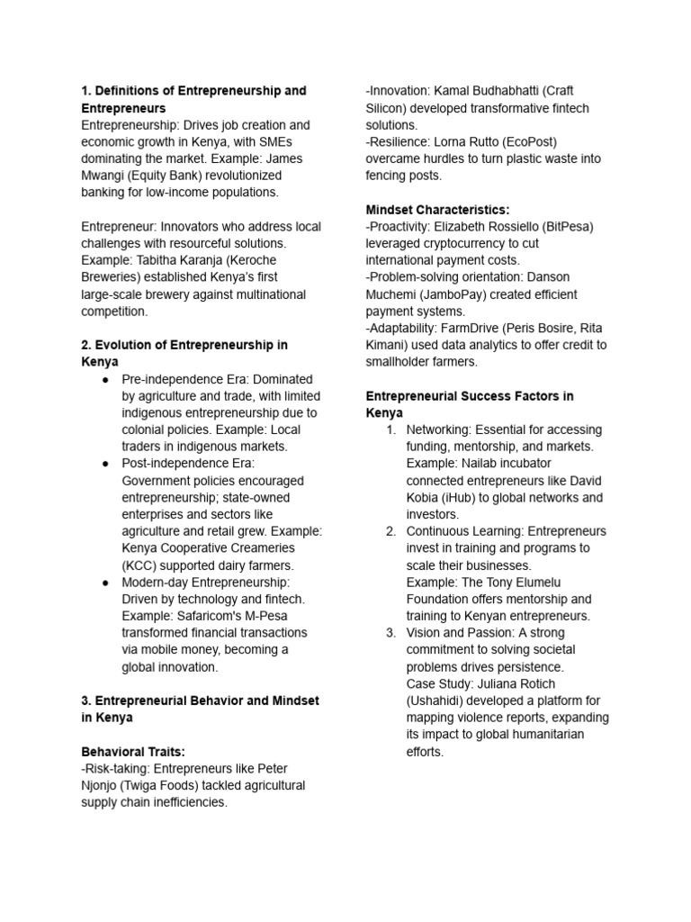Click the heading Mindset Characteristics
(437, 209)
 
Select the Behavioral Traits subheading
(133, 751)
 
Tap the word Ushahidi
(441, 701)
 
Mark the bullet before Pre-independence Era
(105, 379)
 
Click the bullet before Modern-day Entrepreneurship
(105, 583)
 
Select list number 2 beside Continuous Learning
(390, 531)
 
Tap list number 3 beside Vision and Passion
(390, 633)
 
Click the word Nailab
(481, 463)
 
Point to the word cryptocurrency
(471, 243)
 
